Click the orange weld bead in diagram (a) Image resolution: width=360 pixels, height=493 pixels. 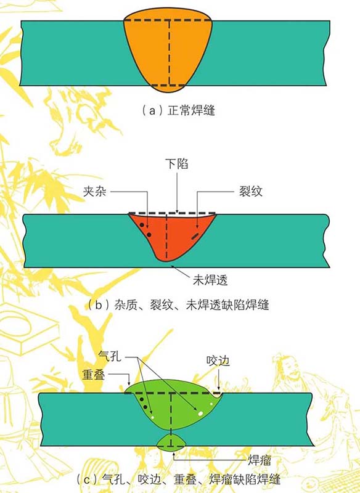[x=168, y=51]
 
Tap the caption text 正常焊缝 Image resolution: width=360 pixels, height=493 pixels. [x=191, y=111]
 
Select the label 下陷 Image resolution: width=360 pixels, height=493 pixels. [x=177, y=164]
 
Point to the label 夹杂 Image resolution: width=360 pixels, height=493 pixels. [x=95, y=191]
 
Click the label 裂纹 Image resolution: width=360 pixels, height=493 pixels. [x=251, y=191]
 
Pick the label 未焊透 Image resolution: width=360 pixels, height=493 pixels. [x=210, y=280]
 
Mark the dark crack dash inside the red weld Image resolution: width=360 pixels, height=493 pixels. [x=195, y=236]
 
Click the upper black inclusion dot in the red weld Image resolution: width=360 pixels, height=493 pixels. [x=142, y=225]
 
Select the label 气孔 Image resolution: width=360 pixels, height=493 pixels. [x=110, y=356]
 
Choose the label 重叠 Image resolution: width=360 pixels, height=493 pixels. [x=93, y=374]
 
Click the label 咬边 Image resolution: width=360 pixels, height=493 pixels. [x=218, y=361]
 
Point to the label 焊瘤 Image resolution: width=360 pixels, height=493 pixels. [x=260, y=460]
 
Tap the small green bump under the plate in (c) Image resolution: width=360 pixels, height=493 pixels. [x=171, y=442]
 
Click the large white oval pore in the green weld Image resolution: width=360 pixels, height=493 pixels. [x=200, y=414]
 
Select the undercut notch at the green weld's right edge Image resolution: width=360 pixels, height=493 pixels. [x=218, y=395]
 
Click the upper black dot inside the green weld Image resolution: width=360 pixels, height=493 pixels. [x=142, y=399]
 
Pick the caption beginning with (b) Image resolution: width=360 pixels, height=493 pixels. [x=178, y=305]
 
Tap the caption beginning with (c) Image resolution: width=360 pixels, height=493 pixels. [x=179, y=480]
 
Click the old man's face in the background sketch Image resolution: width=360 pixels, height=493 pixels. [x=294, y=372]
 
